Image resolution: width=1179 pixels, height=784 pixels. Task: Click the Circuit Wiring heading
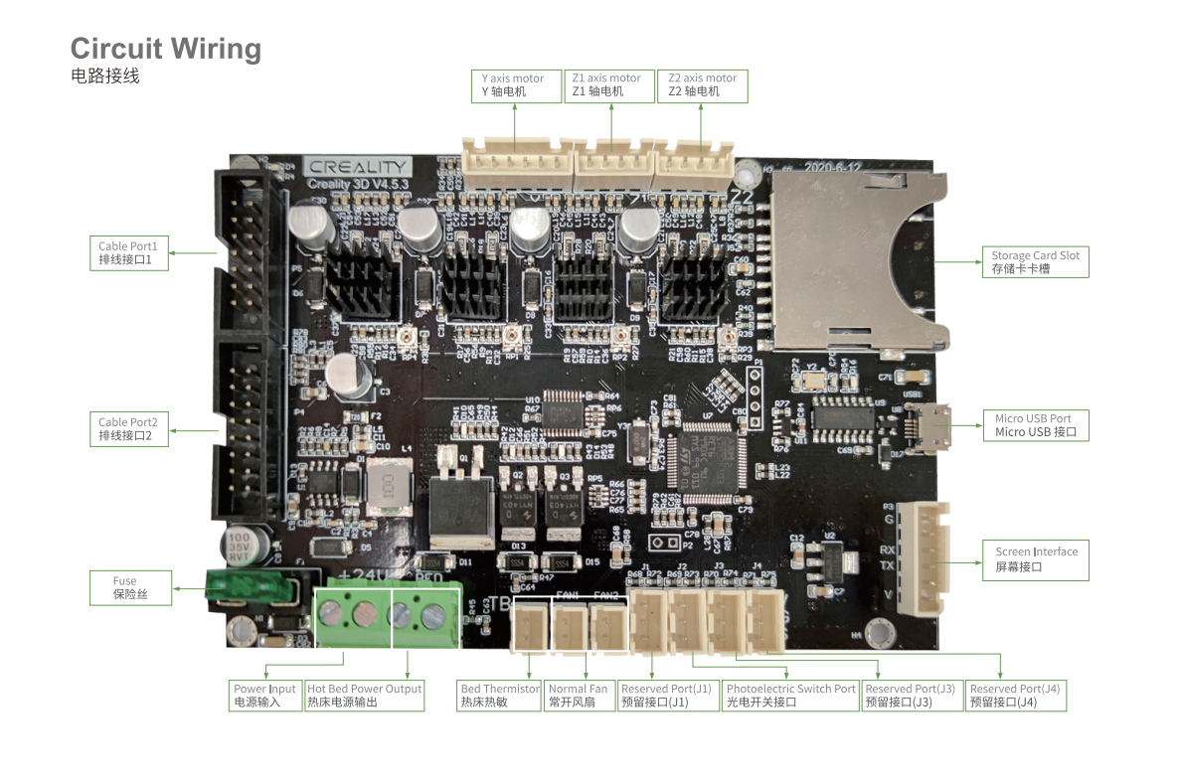coord(165,49)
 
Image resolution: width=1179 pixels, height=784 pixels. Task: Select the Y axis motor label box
coord(514,85)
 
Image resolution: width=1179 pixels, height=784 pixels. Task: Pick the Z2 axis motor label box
coord(702,85)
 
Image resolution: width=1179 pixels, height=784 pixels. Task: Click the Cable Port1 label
coord(128,252)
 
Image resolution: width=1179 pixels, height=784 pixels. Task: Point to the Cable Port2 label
coord(128,428)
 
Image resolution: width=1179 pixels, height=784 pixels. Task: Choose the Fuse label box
coord(129,588)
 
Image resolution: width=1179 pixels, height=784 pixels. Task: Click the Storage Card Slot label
coord(1034,261)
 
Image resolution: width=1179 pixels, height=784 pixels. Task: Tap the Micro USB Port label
coord(1034,425)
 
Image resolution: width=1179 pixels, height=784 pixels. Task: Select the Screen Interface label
coord(1036,558)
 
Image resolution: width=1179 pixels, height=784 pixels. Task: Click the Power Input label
coord(264,695)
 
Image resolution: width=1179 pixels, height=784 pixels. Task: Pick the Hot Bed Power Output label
coord(364,695)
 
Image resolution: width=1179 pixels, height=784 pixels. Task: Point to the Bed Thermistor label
coord(499,695)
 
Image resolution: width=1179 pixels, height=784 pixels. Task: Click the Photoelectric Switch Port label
coord(790,695)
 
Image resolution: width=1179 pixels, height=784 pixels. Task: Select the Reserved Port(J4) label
coord(1015,695)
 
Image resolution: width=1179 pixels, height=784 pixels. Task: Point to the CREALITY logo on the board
coord(357,168)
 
